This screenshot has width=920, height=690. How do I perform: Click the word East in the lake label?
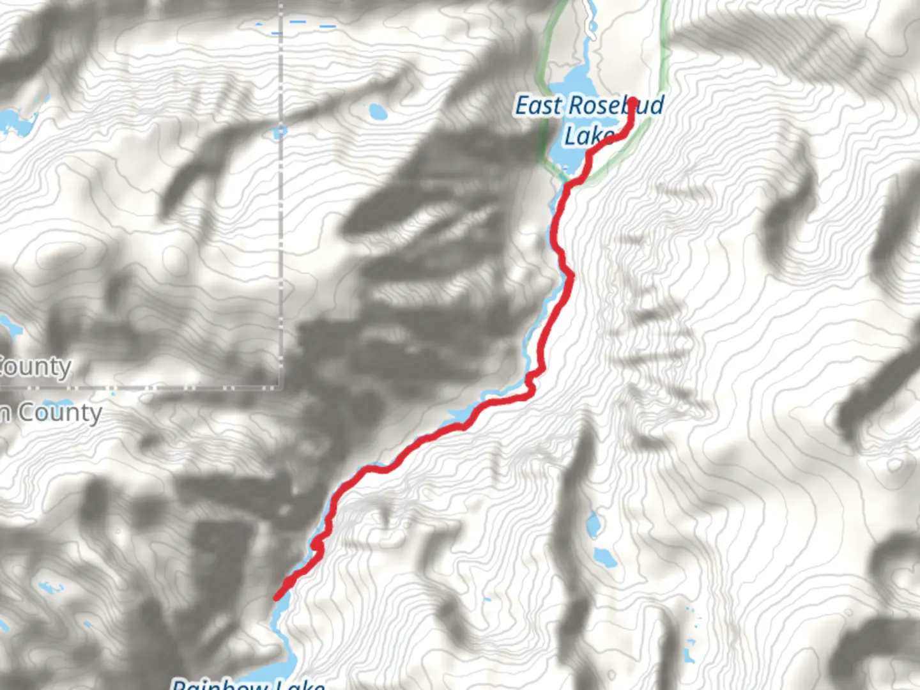coord(538,106)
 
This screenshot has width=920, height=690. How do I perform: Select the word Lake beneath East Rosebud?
coord(586,136)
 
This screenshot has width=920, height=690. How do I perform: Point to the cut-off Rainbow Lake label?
coord(248,684)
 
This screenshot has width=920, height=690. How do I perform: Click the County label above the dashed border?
coord(36,367)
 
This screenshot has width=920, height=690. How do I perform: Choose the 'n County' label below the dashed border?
coord(51,413)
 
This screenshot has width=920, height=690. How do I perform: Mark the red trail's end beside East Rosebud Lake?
coord(632,102)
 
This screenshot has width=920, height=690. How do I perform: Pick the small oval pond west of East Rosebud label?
coord(378,112)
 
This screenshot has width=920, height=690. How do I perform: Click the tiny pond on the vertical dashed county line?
coord(280,133)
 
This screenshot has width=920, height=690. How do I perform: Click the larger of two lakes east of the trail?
coord(605,557)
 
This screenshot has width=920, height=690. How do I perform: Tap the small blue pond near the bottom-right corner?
coord(688,655)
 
